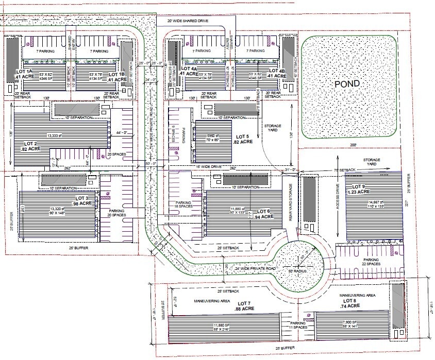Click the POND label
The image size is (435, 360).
click(347, 83)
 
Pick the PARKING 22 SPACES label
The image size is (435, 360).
click(371, 262)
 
